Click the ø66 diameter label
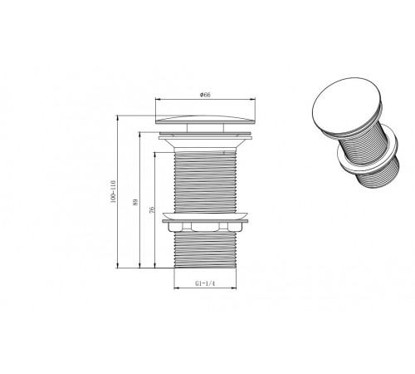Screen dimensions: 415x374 pos(205,95)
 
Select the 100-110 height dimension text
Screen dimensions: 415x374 pos(113,192)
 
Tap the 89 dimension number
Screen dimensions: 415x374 pos(135,202)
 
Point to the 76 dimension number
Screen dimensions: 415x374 pos(152,209)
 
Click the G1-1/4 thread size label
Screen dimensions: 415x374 pos(205,283)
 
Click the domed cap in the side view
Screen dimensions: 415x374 pos(205,119)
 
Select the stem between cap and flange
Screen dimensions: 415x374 pos(205,128)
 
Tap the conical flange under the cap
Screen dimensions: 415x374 pos(205,143)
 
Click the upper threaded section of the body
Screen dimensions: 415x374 pos(205,182)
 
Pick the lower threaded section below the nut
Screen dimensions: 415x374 pos(205,250)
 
